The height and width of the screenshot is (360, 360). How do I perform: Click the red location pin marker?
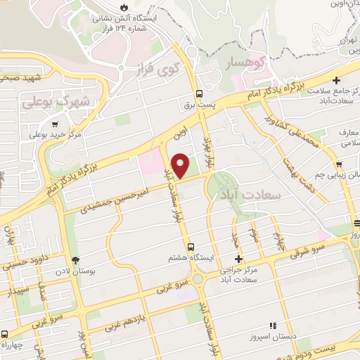pyautogui.click(x=181, y=165)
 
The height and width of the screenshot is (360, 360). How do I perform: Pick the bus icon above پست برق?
pyautogui.click(x=200, y=93)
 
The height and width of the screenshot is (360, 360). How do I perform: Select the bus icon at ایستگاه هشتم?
pyautogui.click(x=191, y=245)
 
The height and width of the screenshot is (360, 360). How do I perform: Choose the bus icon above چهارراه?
pyautogui.click(x=5, y=333)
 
